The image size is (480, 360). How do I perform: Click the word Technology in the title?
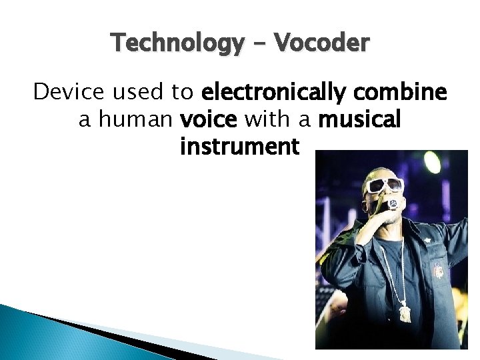178,43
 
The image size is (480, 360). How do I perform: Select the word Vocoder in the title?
321,43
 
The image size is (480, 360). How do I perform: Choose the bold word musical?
359,119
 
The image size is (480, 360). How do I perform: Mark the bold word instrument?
239,147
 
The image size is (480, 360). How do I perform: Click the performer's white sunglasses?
385,185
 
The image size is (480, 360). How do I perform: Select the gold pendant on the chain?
405,311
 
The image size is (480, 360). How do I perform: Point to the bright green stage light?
432,162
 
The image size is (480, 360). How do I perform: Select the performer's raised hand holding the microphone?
380,217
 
